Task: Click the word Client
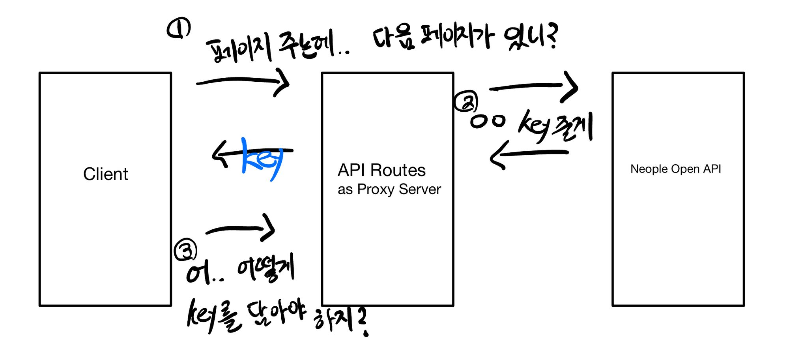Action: (106, 174)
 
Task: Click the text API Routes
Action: (381, 170)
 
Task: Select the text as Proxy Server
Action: (389, 189)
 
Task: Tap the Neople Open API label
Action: (675, 169)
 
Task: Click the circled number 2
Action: (466, 102)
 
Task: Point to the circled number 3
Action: (185, 250)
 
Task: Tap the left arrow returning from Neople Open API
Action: (529, 154)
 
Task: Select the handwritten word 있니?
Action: (531, 37)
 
